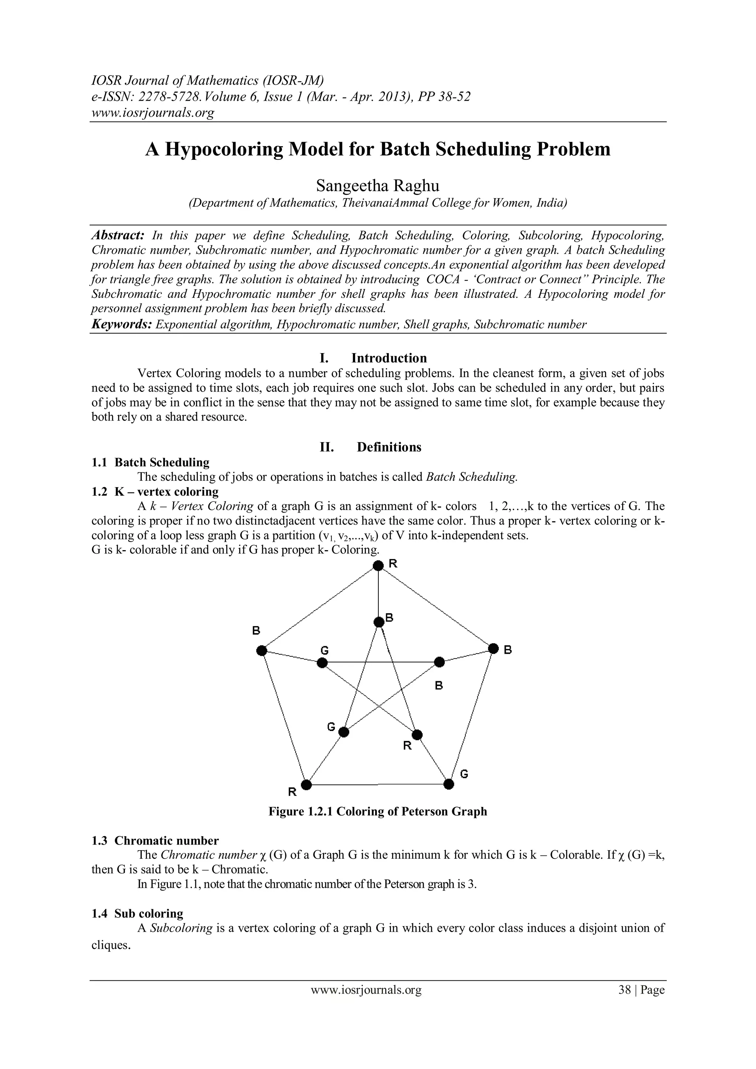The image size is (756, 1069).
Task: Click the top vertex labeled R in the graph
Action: click(x=378, y=565)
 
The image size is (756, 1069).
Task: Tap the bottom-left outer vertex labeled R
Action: click(x=306, y=784)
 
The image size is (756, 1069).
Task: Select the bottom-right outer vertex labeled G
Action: click(x=449, y=784)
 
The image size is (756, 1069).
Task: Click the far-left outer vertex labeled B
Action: click(x=262, y=650)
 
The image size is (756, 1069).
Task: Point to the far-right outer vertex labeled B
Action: click(x=493, y=648)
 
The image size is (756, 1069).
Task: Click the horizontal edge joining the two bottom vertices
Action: click(x=377, y=784)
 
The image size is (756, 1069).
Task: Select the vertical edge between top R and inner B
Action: click(x=378, y=594)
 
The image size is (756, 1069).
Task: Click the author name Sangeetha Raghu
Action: click(x=377, y=186)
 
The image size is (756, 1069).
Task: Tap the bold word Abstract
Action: click(x=118, y=235)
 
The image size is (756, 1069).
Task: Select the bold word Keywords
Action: click(x=121, y=324)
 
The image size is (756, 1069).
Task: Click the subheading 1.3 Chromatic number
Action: click(x=155, y=840)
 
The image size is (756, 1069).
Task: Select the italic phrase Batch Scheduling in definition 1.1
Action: click(x=471, y=477)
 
